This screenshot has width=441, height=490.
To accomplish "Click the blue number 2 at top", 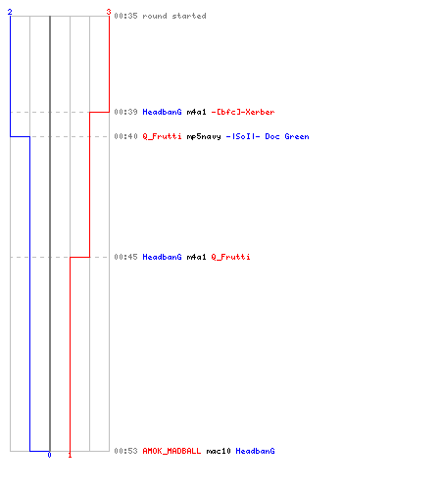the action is click(x=10, y=12).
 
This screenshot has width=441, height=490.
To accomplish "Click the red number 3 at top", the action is click(x=109, y=12).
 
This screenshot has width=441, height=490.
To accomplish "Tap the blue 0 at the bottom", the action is click(x=49, y=455).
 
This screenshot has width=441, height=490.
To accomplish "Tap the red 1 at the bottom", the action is click(x=70, y=455).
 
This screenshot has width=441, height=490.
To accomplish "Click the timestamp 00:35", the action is click(x=125, y=16).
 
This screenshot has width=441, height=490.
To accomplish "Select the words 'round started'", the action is click(x=174, y=16).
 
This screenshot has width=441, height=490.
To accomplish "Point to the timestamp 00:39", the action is click(x=125, y=112).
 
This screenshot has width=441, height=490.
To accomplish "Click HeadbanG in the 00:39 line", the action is click(x=162, y=112).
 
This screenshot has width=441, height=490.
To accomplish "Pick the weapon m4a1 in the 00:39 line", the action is click(x=197, y=112).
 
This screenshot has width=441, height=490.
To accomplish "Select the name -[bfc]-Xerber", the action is click(x=243, y=112).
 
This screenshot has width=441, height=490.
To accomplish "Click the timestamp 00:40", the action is click(x=125, y=136).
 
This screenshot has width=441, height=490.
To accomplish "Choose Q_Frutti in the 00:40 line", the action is click(x=162, y=136).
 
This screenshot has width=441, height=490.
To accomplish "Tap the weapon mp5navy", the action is click(x=204, y=136).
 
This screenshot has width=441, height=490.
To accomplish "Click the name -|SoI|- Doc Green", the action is click(x=268, y=136).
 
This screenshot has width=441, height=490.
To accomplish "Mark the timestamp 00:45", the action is click(x=125, y=257).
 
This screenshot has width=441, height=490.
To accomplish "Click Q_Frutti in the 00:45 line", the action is click(x=231, y=257).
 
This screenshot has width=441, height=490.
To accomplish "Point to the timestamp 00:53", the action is click(x=125, y=451).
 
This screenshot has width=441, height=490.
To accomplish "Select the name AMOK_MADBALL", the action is click(x=171, y=451).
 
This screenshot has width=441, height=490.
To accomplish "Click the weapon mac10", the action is click(x=219, y=451).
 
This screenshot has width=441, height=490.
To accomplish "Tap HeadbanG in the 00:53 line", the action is click(x=256, y=451).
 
